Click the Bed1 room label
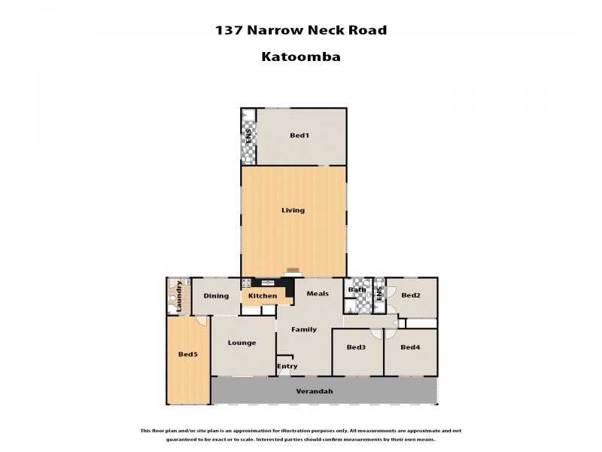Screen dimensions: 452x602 299,136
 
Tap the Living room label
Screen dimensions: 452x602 293,210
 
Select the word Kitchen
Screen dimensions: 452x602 263,296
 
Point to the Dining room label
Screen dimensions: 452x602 216,296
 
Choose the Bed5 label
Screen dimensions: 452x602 187,354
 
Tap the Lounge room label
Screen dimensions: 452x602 242,343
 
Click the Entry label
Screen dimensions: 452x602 287,367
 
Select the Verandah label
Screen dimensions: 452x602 314,392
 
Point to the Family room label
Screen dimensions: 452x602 304,329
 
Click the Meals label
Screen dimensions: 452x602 317,294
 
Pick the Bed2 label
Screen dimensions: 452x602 410,296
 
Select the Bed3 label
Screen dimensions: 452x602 356,347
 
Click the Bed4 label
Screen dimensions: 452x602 409,347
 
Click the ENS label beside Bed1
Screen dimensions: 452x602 248,138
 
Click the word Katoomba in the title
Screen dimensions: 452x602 300,56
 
